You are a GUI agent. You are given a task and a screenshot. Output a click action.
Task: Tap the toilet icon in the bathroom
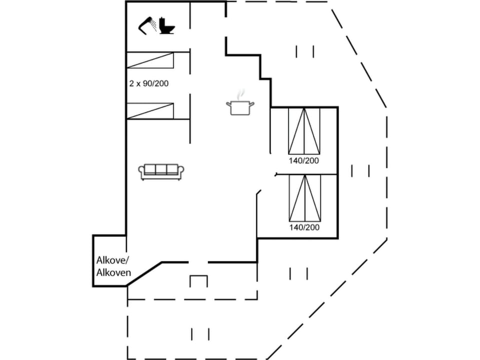tap(167, 26)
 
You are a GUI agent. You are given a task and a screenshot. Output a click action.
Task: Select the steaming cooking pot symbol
tap(240, 107)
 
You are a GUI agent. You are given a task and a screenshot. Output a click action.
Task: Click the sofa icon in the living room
tap(161, 171)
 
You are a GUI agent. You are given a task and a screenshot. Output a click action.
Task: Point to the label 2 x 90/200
tap(148, 83)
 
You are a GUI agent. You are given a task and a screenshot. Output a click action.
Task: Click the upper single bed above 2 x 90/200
tap(150, 60)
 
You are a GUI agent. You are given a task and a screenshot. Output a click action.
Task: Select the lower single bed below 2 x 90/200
tap(150, 110)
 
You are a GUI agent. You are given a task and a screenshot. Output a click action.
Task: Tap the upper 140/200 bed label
tap(303, 161)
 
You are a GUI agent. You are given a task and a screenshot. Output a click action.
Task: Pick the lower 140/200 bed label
tap(304, 227)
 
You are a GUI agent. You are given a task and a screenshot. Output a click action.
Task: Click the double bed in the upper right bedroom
tap(304, 130)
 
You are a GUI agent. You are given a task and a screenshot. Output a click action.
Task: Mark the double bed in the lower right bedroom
tap(304, 197)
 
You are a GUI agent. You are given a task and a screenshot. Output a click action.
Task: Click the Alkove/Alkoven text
tap(113, 266)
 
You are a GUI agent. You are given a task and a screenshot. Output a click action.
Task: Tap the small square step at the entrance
tap(198, 281)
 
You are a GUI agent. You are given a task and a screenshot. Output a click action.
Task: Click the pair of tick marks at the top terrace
tap(304, 51)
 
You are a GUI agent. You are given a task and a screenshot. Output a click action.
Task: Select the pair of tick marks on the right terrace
tap(360, 171)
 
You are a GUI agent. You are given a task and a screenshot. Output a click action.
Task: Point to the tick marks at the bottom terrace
tap(200, 334)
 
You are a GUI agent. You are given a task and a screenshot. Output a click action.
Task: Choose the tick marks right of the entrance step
tap(298, 273)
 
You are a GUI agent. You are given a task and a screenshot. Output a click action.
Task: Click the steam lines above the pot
tap(241, 94)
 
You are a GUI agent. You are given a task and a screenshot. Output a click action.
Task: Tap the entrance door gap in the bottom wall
tap(198, 262)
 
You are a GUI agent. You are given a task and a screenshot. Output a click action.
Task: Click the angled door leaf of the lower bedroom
tap(259, 192)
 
